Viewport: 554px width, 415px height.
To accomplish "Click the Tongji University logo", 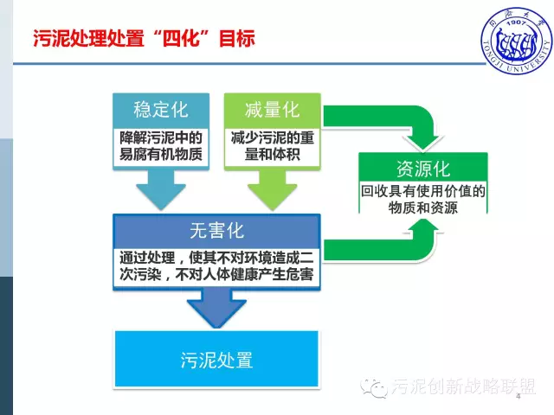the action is [517, 41].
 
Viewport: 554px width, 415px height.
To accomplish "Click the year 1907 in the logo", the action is [516, 23].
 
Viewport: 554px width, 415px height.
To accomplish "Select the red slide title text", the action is [144, 38].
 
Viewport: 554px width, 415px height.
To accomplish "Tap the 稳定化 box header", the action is [161, 110].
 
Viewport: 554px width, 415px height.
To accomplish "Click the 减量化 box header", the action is [273, 110].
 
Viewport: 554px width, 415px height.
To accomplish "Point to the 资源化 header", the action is [423, 169].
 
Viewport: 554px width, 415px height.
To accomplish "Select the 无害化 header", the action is [216, 231].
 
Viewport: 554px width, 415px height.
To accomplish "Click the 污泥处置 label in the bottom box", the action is [216, 360].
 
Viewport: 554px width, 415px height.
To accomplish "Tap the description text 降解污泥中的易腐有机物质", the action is [161, 146].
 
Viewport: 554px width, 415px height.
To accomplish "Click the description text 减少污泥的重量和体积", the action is [273, 146].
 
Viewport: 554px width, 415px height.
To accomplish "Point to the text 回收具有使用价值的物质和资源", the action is [423, 199].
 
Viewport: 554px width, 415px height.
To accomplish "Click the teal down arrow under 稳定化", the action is [161, 189].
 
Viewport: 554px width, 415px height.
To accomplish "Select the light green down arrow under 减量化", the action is [273, 189].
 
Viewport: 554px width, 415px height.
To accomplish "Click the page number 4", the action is [519, 396].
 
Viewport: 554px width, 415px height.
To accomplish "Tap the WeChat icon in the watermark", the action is [374, 387].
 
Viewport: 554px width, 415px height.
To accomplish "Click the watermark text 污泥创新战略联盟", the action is [464, 386].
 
